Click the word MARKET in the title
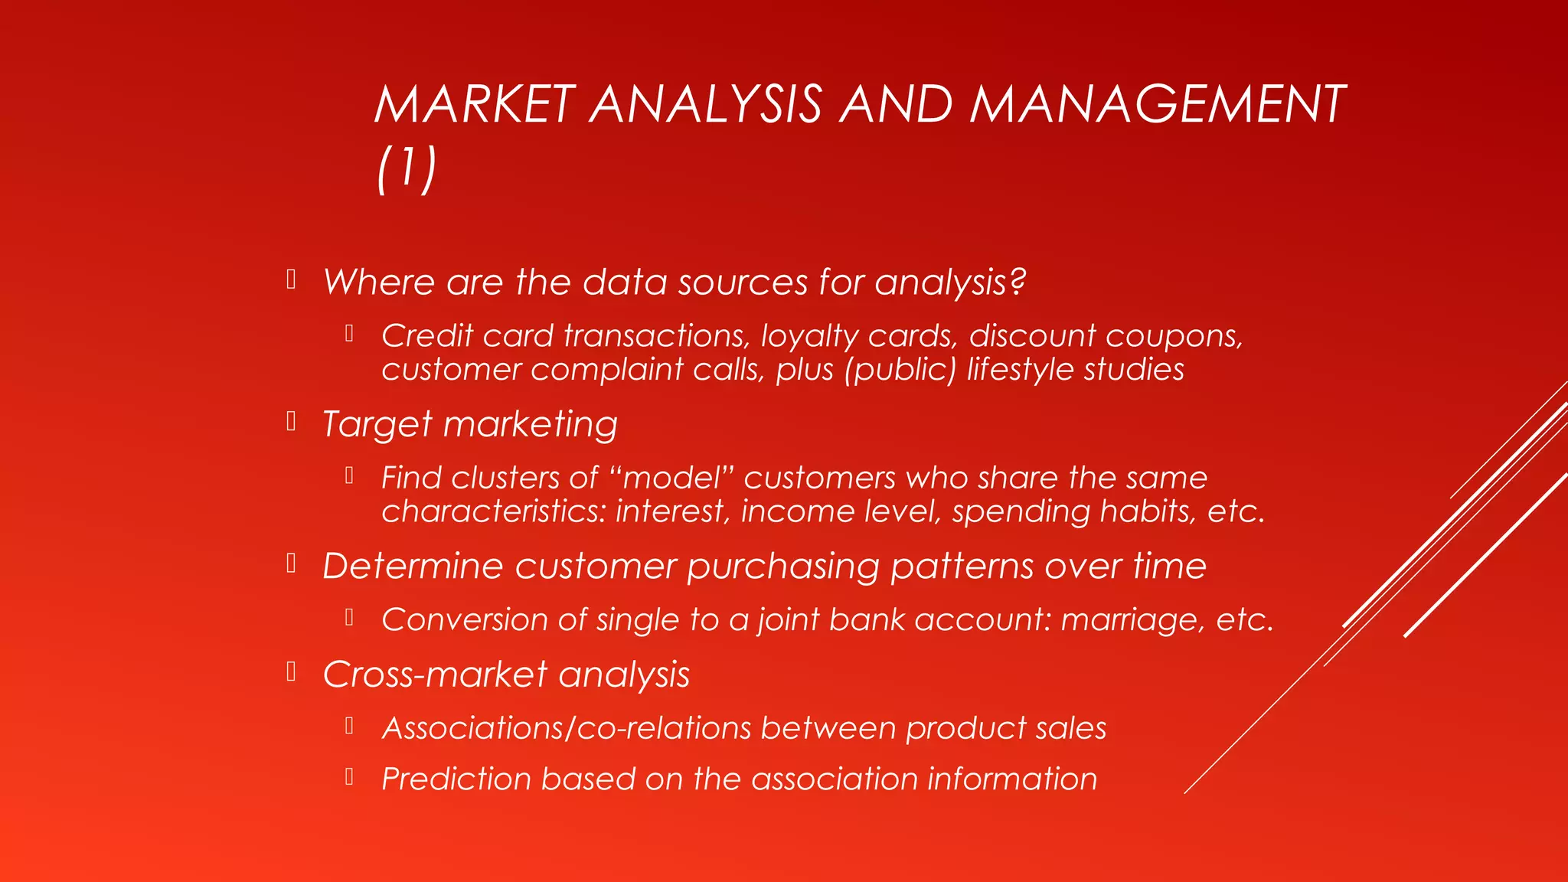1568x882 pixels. point(475,104)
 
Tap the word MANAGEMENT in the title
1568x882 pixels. point(1158,104)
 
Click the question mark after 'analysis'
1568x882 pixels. point(1018,282)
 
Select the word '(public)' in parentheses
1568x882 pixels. point(900,370)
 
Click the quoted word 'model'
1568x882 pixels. point(672,478)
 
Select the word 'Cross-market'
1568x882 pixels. point(434,675)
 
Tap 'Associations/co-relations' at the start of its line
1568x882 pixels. point(566,728)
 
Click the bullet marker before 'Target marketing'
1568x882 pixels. point(291,422)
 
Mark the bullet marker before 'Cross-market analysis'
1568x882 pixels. point(291,672)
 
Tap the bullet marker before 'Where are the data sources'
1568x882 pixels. point(291,279)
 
